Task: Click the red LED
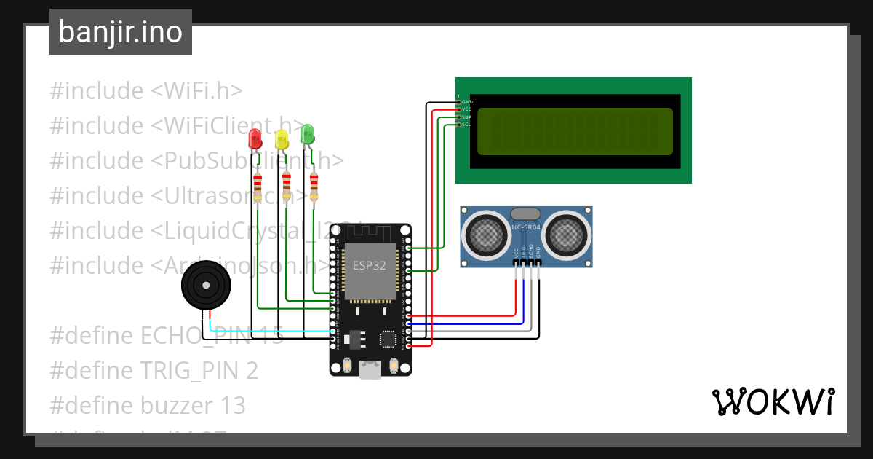255,138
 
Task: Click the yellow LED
282,139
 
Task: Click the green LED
308,133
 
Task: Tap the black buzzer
206,286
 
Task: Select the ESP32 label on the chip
370,265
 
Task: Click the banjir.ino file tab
121,32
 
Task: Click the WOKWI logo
772,401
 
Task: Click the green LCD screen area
575,131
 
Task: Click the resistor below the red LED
257,187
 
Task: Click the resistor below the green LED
314,187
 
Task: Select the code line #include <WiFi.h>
145,91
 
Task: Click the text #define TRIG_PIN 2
154,371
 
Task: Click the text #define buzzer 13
148,405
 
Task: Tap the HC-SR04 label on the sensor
526,227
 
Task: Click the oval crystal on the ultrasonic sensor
526,213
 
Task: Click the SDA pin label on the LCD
466,117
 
